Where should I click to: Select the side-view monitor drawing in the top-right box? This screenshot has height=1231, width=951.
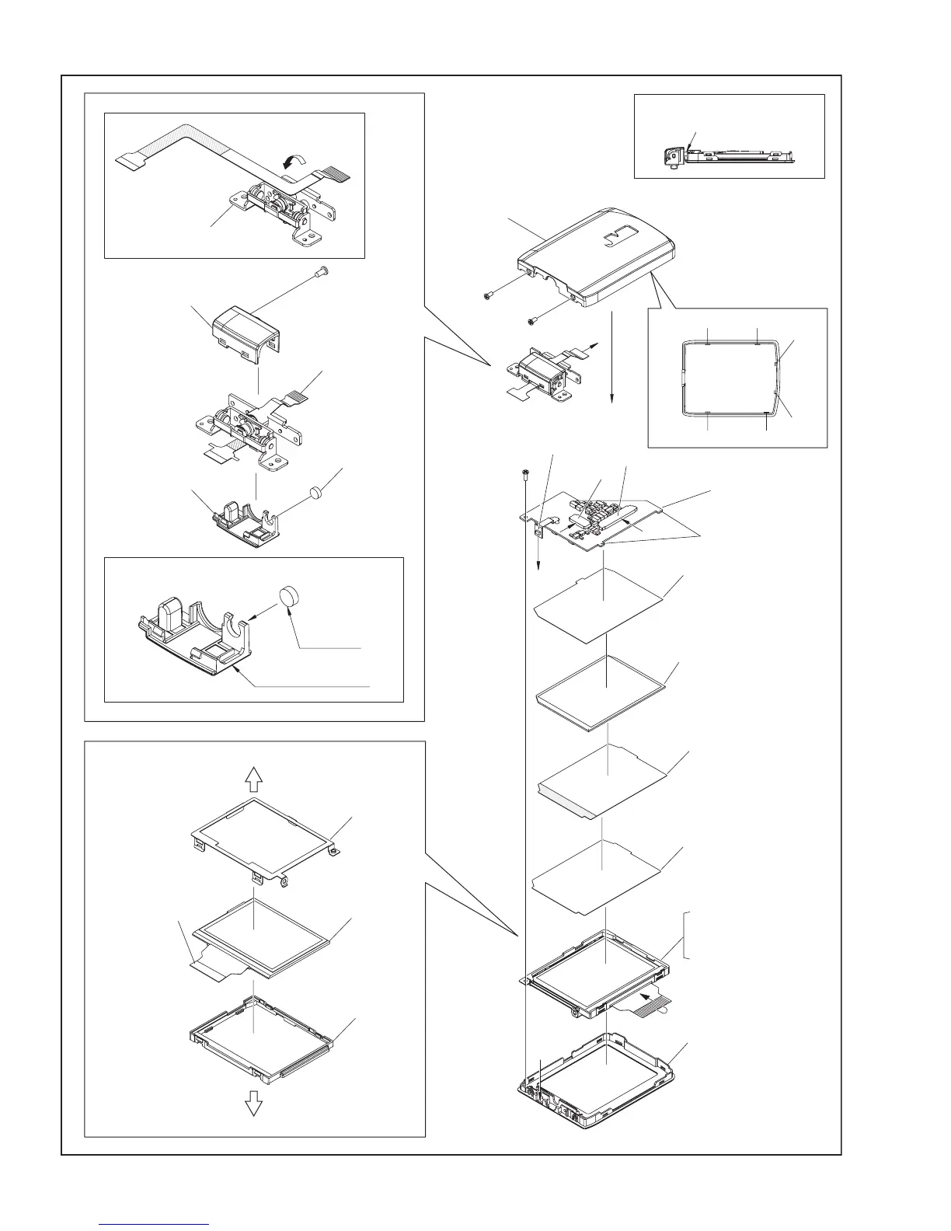point(726,155)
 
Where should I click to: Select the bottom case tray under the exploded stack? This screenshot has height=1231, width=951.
point(598,1081)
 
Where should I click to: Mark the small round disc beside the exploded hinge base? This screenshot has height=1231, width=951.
point(316,491)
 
